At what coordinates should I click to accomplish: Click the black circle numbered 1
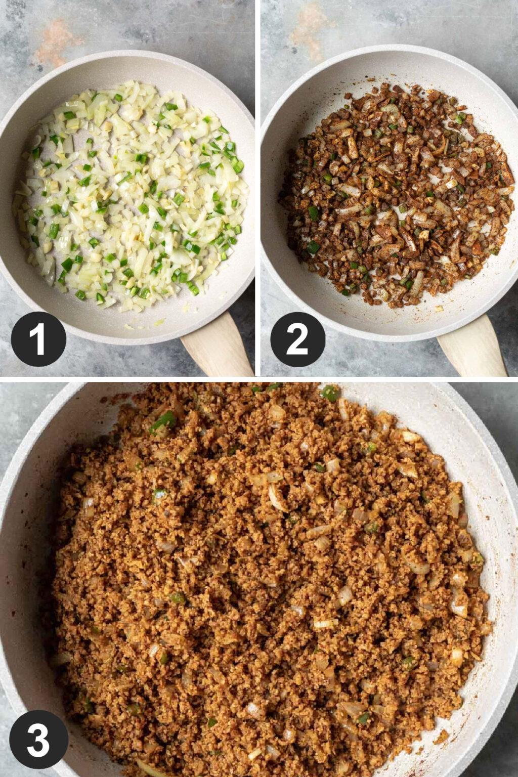pos(38,338)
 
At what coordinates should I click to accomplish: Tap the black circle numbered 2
pos(297,338)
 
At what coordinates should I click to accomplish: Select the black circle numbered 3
pos(38,739)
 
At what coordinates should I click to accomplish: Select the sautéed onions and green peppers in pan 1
pos(132,197)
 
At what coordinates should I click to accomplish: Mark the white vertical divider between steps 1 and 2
pos(257,187)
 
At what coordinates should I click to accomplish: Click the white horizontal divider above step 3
pos(259,379)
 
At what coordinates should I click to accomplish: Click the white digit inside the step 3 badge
pos(38,739)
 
